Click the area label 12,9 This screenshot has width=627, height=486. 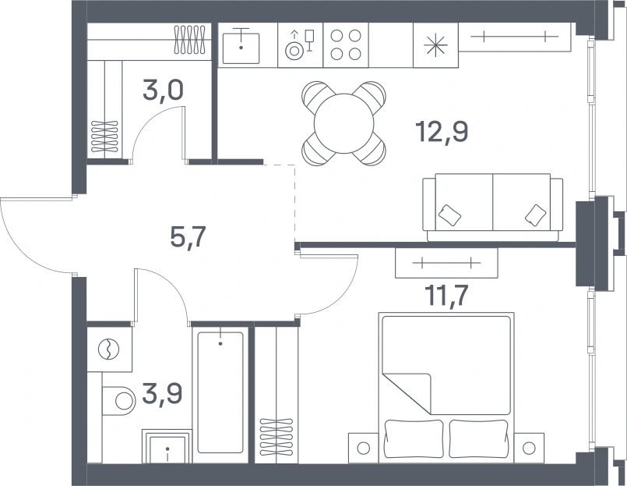click(442, 132)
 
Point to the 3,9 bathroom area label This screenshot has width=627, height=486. click(162, 394)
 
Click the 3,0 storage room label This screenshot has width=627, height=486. click(163, 90)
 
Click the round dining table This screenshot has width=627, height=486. click(343, 123)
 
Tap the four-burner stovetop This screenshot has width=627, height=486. click(346, 45)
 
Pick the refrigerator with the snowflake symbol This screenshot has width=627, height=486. click(436, 45)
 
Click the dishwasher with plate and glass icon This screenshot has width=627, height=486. click(301, 45)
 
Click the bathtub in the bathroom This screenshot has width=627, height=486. click(220, 392)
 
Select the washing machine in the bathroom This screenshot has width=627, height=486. click(109, 349)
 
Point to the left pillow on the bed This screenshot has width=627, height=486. click(414, 438)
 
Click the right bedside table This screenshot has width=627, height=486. click(529, 448)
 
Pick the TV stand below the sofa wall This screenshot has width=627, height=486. click(446, 263)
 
